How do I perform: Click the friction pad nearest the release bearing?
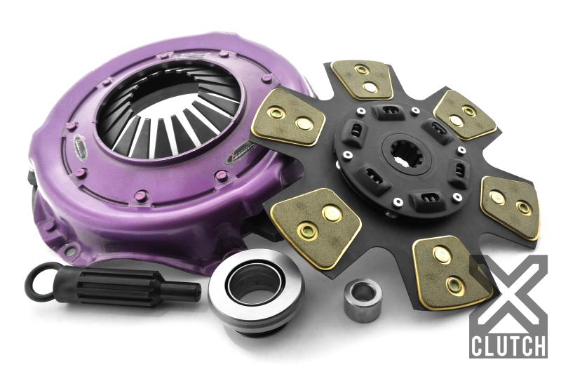(315, 225)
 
